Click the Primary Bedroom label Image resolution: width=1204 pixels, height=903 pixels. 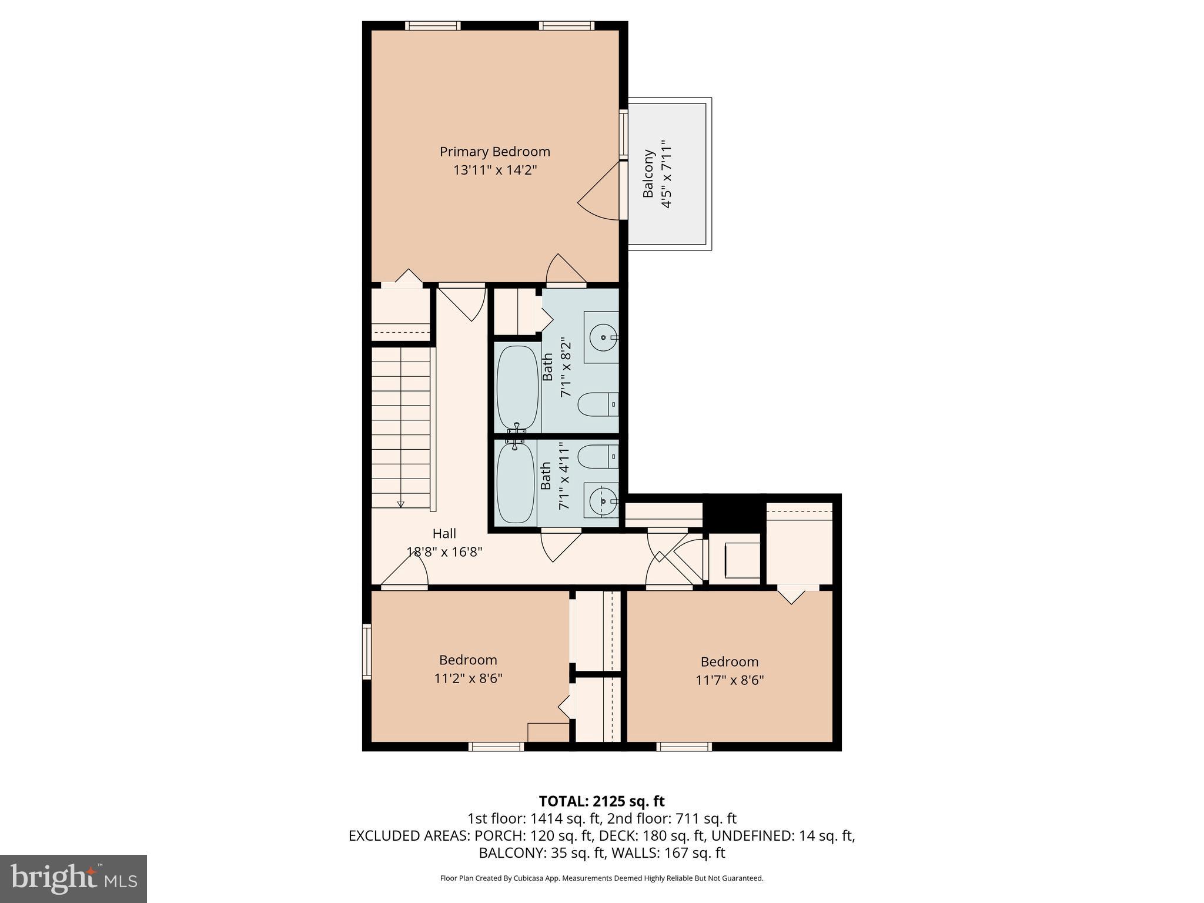pyautogui.click(x=494, y=152)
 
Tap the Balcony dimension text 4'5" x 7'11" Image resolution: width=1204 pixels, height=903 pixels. pyautogui.click(x=666, y=174)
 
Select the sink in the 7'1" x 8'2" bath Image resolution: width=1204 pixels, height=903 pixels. pyautogui.click(x=601, y=337)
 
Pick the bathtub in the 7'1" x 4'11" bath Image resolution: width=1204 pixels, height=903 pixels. pyautogui.click(x=516, y=482)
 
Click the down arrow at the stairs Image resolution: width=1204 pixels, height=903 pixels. pyautogui.click(x=401, y=503)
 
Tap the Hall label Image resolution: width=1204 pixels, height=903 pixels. pyautogui.click(x=444, y=533)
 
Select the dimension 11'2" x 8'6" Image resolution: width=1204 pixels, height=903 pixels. pyautogui.click(x=468, y=678)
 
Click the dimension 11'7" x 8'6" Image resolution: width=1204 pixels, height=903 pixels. pyautogui.click(x=729, y=680)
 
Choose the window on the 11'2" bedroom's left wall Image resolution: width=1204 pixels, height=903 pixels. pyautogui.click(x=367, y=652)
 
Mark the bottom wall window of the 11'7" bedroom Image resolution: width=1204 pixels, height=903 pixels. pyautogui.click(x=684, y=747)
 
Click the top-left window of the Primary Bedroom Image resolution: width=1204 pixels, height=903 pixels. pyautogui.click(x=433, y=25)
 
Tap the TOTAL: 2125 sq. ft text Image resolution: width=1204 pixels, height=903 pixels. pyautogui.click(x=601, y=801)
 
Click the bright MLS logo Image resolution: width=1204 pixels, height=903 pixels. pyautogui.click(x=73, y=878)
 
